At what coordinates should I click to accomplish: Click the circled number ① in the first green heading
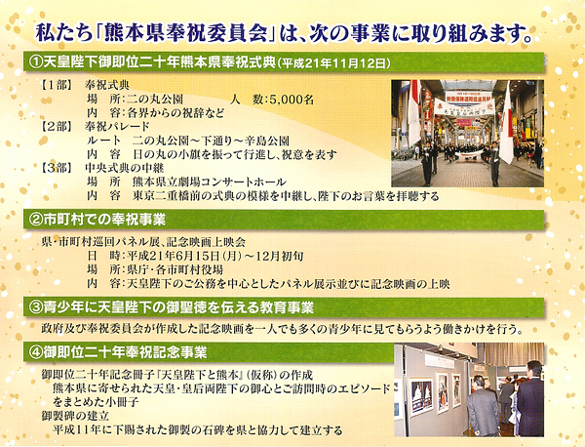click(36, 62)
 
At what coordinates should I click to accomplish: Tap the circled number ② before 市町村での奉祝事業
click(36, 220)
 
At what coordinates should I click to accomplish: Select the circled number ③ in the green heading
click(36, 307)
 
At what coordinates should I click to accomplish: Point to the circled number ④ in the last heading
click(36, 352)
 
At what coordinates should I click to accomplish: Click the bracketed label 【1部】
click(56, 86)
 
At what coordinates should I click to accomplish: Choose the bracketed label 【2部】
click(56, 127)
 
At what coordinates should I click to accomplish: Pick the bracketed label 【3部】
click(56, 168)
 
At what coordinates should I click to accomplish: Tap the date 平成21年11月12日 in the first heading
click(333, 63)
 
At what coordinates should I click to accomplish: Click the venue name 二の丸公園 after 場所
click(155, 100)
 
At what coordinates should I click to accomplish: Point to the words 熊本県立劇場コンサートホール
click(210, 182)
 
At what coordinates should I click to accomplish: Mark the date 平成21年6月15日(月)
click(184, 256)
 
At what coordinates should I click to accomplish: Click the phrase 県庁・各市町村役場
click(175, 269)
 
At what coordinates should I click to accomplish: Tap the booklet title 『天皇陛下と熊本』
click(196, 375)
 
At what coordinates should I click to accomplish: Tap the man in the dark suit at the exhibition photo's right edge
click(529, 399)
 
